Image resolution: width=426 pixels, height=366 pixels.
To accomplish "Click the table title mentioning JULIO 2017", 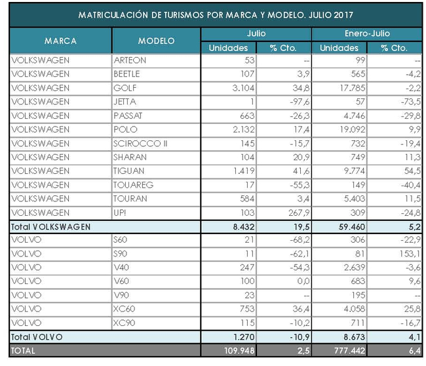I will tap(213, 14).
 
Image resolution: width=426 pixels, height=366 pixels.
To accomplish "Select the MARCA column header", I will tap(60, 41).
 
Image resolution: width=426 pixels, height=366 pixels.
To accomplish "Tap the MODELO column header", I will tap(157, 41).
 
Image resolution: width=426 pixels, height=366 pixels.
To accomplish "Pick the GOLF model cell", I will tap(124, 87).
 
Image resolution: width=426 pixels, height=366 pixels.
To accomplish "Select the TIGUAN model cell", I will tap(127, 171).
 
